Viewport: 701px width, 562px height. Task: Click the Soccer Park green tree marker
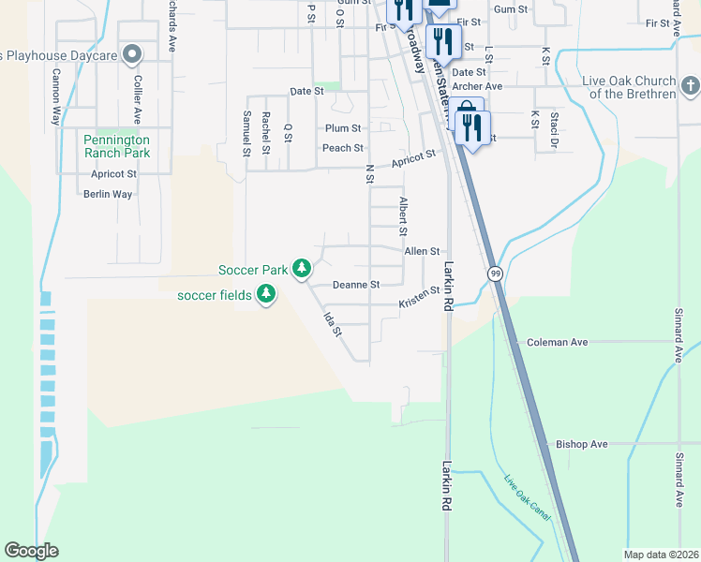(301, 270)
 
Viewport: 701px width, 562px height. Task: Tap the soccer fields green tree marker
(266, 296)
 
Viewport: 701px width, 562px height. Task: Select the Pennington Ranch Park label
(117, 145)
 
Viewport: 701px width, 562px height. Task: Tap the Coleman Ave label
(558, 343)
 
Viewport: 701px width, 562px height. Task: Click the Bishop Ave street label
(582, 444)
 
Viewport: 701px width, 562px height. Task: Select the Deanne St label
(356, 285)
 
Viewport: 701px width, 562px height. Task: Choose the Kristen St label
(419, 298)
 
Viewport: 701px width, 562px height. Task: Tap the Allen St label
(422, 252)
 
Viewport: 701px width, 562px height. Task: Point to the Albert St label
(403, 216)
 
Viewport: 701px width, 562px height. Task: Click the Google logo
(31, 551)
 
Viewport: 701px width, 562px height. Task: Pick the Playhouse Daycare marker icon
(132, 55)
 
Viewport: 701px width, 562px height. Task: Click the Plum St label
(343, 128)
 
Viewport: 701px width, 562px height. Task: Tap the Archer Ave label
(477, 87)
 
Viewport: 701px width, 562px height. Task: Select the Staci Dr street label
(554, 129)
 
